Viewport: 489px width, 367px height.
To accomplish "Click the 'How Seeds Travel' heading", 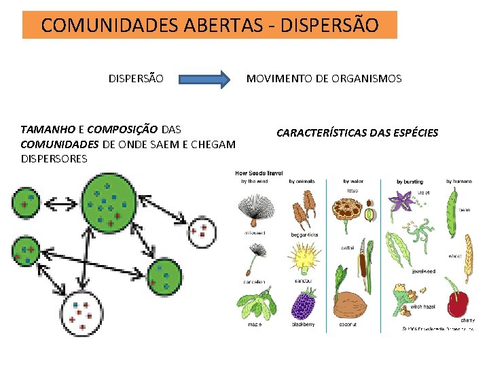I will (259, 173).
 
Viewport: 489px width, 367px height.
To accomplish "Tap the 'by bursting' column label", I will (409, 181).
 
